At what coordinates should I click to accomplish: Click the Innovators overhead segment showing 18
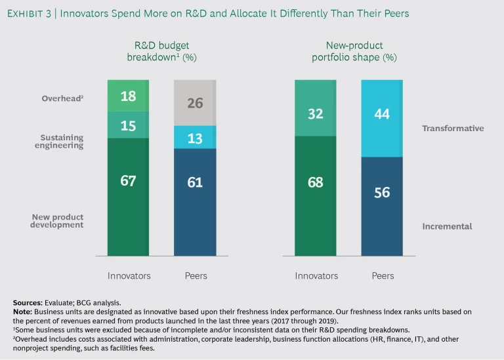coord(128,96)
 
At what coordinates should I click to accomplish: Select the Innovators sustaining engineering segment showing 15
coord(128,125)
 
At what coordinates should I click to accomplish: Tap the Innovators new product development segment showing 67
coord(128,197)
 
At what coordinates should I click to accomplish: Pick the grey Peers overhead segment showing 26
coord(195,102)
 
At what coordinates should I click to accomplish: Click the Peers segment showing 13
coord(195,137)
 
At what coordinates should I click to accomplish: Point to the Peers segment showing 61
coord(195,202)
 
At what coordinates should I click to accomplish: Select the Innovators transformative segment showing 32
coord(316,108)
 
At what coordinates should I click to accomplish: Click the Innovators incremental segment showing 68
coord(316,195)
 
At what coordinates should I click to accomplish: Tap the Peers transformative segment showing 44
coord(382,118)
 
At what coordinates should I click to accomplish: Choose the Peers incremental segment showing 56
coord(382,206)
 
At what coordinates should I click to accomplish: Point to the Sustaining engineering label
coord(62,142)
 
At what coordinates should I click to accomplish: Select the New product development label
coord(58,221)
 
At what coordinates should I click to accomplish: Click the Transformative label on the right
coord(453,129)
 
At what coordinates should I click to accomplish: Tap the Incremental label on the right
coord(447,226)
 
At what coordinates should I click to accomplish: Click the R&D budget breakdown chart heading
coord(161,51)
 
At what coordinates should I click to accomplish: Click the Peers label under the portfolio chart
coord(383,275)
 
